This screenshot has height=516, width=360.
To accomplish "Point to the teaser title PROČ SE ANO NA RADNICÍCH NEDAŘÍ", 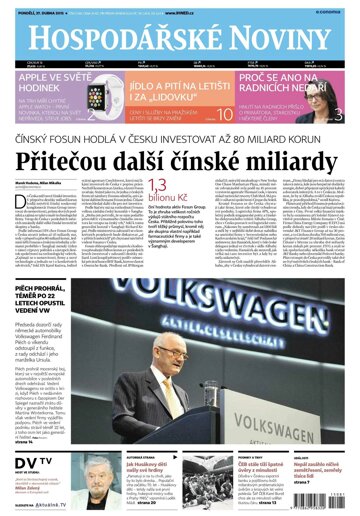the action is (x=282, y=81).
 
